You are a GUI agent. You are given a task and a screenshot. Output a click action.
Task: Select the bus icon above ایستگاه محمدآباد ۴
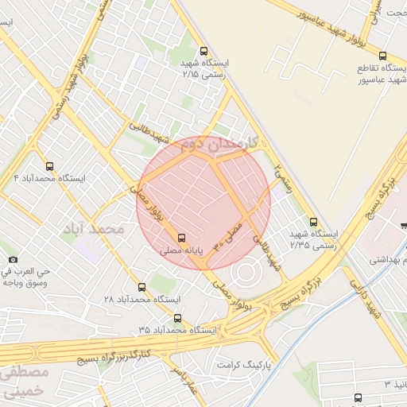pyautogui.click(x=50, y=166)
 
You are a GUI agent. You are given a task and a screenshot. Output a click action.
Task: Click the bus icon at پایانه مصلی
pyautogui.click(x=182, y=237)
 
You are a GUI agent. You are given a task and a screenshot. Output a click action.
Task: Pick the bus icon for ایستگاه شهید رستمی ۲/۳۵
pyautogui.click(x=313, y=222)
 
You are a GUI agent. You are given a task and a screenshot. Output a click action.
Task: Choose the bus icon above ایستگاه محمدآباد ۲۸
pyautogui.click(x=142, y=286)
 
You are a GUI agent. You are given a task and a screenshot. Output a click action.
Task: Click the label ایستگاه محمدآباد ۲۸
pyautogui.click(x=142, y=299)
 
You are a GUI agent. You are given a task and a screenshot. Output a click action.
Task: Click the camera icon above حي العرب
pyautogui.click(x=13, y=259)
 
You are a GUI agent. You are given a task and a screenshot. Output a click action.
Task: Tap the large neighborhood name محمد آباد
pyautogui.click(x=93, y=229)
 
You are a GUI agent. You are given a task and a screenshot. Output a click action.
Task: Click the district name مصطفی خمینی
pyautogui.click(x=24, y=382)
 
